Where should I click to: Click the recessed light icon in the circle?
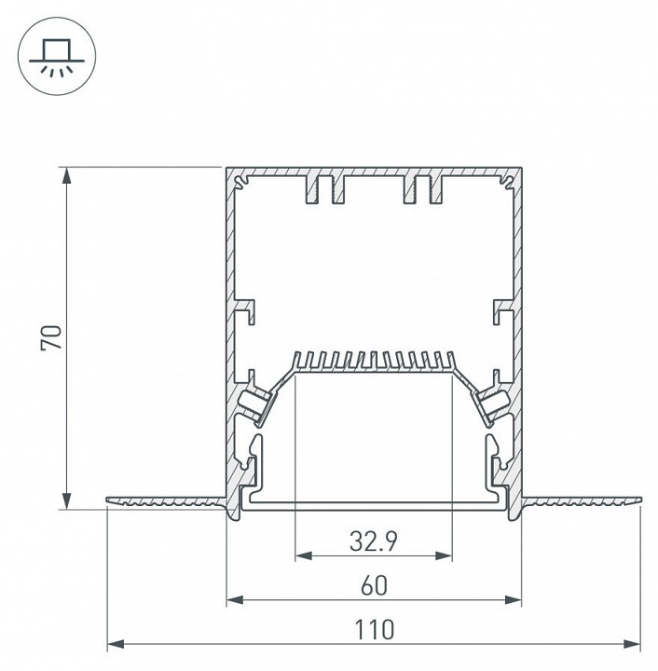(x=57, y=58)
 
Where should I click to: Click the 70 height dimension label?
(x=51, y=338)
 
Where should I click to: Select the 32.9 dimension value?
(x=374, y=541)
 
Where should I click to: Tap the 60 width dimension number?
(x=374, y=585)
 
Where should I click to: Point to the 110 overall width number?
(x=374, y=629)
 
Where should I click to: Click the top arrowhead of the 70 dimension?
(x=67, y=175)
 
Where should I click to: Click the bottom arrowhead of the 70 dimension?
(x=67, y=500)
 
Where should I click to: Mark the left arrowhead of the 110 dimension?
(x=116, y=644)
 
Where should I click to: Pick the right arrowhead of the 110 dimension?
(x=632, y=644)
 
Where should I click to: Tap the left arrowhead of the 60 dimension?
(x=235, y=599)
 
